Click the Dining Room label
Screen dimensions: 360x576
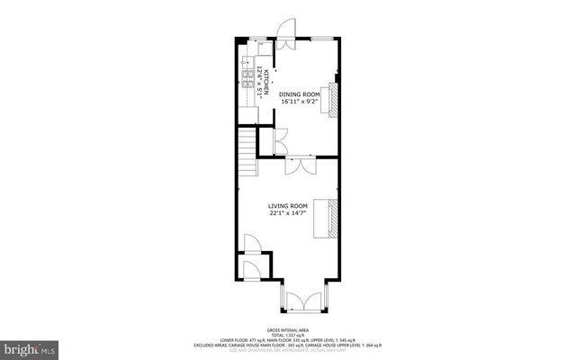click(299, 94)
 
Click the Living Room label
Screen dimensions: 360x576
click(287, 206)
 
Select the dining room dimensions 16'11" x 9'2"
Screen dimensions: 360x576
click(299, 103)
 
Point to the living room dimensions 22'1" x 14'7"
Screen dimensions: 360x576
click(287, 214)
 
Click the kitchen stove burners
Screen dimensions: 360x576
click(246, 75)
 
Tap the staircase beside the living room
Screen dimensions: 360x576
click(247, 152)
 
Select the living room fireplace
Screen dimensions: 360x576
click(329, 218)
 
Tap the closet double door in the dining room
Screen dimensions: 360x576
click(280, 139)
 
